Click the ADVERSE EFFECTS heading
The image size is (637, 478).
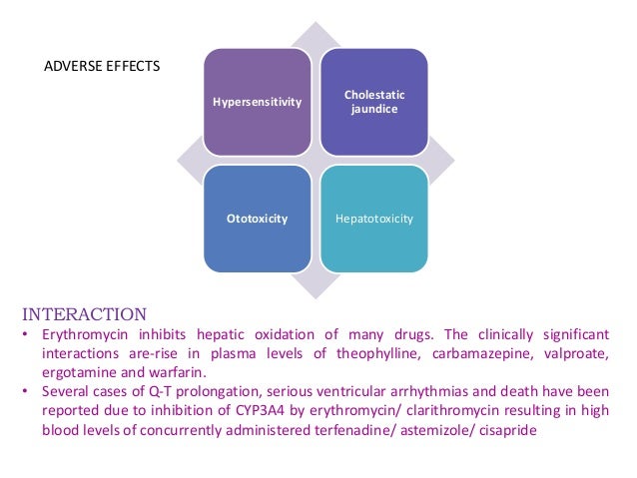pyautogui.click(x=104, y=68)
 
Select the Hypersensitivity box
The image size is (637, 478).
pyautogui.click(x=258, y=102)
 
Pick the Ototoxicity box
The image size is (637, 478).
pyautogui.click(x=258, y=218)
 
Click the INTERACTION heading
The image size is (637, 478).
pyautogui.click(x=84, y=313)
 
